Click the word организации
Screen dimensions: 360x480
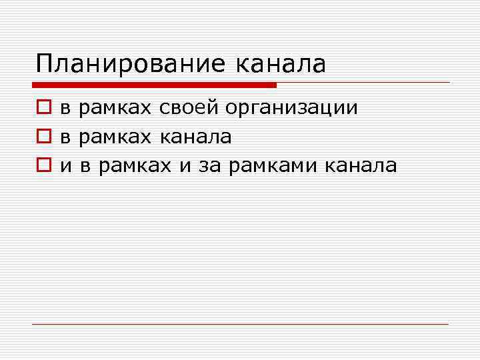coord(291,109)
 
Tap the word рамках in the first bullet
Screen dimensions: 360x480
coord(117,109)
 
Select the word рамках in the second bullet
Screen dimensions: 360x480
coord(117,137)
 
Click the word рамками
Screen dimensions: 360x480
coord(272,166)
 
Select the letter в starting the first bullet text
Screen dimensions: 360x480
coord(66,108)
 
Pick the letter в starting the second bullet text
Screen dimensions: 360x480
coord(66,137)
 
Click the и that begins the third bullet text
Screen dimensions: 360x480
coord(66,166)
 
